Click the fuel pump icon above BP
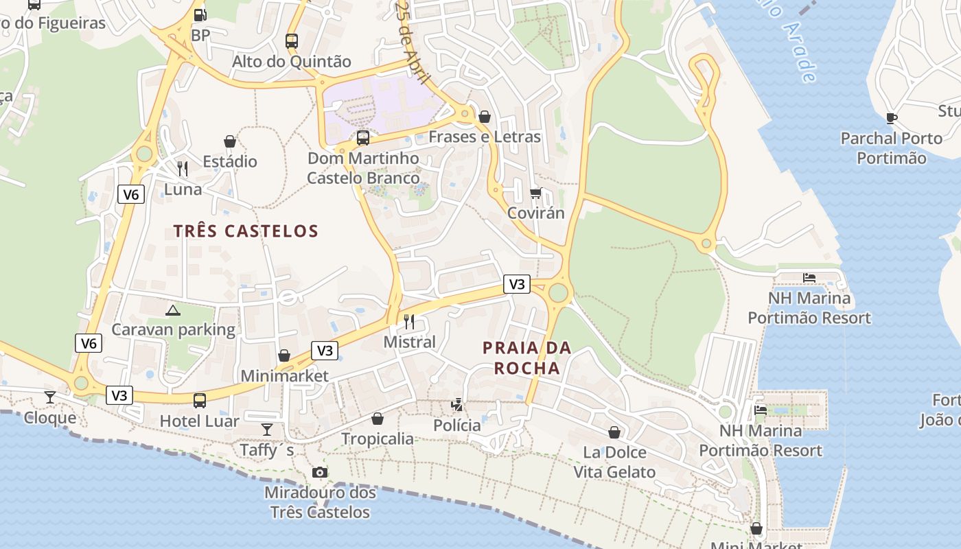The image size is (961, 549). pos(200,14)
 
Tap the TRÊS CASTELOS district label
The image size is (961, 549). pos(246,231)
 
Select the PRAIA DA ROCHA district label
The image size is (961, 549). pos(527,358)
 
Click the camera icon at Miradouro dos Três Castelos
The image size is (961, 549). pos(320,472)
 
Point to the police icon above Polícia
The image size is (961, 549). pos(457,405)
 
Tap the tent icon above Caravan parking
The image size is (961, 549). pos(173,310)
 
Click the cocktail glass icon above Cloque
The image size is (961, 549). pos(50,397)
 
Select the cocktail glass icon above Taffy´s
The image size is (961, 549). pos(267,430)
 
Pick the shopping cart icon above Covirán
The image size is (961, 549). pos(536,193)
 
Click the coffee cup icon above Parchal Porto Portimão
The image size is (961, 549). pos(892,118)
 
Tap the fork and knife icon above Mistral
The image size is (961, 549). pos(409,321)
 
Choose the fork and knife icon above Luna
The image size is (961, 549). pos(183,169)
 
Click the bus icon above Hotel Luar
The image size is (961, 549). pos(200,401)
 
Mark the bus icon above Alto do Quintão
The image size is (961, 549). pos(292,41)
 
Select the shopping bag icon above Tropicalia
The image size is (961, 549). pos(378,419)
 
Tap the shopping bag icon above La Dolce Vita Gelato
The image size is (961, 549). pos(614,432)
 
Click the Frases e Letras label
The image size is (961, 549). pos(485,137)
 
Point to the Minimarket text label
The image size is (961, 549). pos(284,376)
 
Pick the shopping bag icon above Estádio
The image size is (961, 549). pos(230,141)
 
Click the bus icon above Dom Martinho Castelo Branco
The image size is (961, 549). pos(363,138)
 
